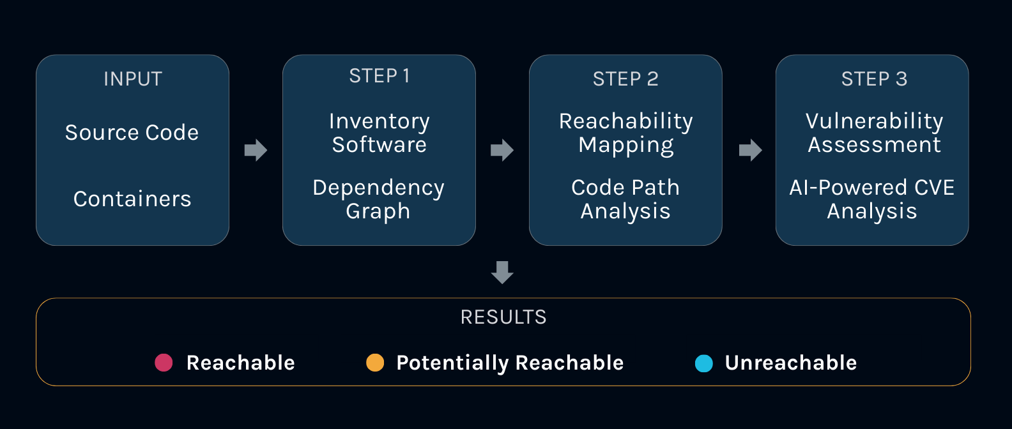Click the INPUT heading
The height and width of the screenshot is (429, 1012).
133,79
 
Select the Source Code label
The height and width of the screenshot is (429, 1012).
132,133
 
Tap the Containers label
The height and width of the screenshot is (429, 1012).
132,199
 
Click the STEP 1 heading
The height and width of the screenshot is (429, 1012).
379,77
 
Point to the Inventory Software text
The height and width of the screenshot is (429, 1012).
379,133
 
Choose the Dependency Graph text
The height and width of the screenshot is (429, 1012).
378,199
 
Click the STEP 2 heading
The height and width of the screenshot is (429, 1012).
625,79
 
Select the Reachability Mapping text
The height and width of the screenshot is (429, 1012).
625,133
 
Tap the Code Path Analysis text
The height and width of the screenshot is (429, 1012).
625,199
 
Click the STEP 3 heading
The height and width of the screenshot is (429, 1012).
874,79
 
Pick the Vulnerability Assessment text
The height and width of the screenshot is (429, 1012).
874,133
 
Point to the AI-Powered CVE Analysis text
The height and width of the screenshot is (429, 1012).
872,199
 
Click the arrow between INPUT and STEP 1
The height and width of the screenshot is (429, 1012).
256,150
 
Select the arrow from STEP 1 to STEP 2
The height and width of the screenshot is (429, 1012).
502,150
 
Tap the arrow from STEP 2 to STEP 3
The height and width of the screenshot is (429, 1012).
750,150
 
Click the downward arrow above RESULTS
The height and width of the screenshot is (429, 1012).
502,272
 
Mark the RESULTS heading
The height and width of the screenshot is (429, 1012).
503,317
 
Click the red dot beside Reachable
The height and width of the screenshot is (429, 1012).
164,363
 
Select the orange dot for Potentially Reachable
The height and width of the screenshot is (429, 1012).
375,363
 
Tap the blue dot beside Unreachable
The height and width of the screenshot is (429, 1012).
703,363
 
